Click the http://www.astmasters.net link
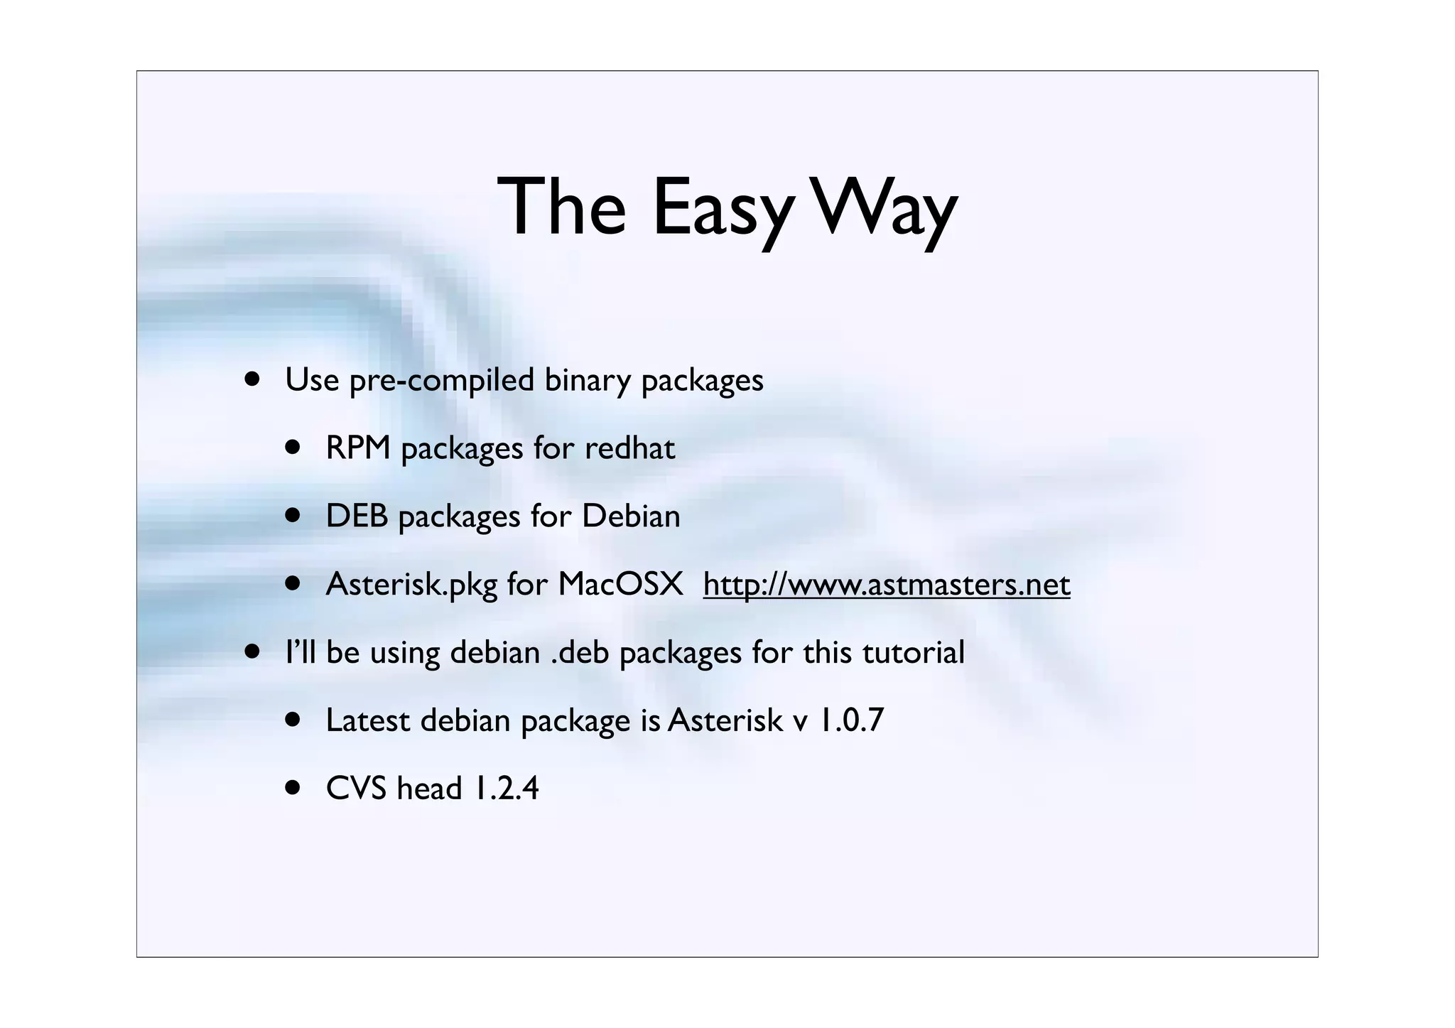click(886, 585)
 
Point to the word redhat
click(629, 448)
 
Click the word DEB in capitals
click(357, 516)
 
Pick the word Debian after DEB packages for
click(631, 516)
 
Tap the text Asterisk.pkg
click(411, 585)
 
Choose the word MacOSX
click(620, 585)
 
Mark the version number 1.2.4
click(506, 789)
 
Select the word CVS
click(355, 789)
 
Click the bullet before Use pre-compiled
click(251, 379)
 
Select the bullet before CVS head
click(293, 787)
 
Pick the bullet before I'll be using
click(251, 651)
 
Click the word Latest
click(367, 720)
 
